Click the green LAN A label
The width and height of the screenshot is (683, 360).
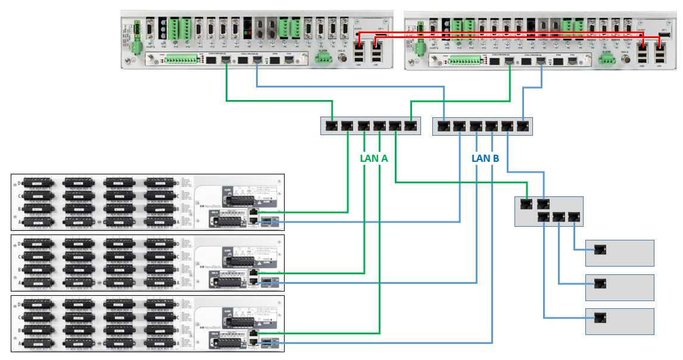coord(374,159)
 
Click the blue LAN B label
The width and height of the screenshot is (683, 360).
coord(485,159)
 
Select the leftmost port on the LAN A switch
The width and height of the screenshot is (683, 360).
coord(331,126)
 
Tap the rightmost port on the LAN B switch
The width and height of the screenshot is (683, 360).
coord(523,126)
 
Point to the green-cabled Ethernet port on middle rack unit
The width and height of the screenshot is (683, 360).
coord(254,273)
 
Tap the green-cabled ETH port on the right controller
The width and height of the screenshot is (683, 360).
coord(510,60)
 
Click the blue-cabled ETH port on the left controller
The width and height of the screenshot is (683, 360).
coord(257,60)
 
